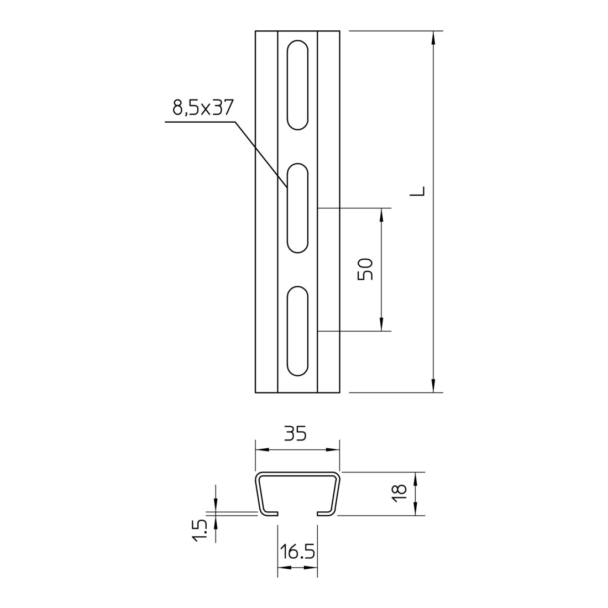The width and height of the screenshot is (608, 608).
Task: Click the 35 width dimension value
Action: pos(296,433)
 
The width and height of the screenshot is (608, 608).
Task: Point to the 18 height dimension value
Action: pos(400,493)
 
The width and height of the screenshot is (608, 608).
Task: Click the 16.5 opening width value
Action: pos(297,552)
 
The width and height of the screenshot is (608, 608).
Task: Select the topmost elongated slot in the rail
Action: pos(297,85)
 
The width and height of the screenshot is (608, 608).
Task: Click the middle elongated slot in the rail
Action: pos(297,208)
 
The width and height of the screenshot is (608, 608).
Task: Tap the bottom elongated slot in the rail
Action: pos(297,331)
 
